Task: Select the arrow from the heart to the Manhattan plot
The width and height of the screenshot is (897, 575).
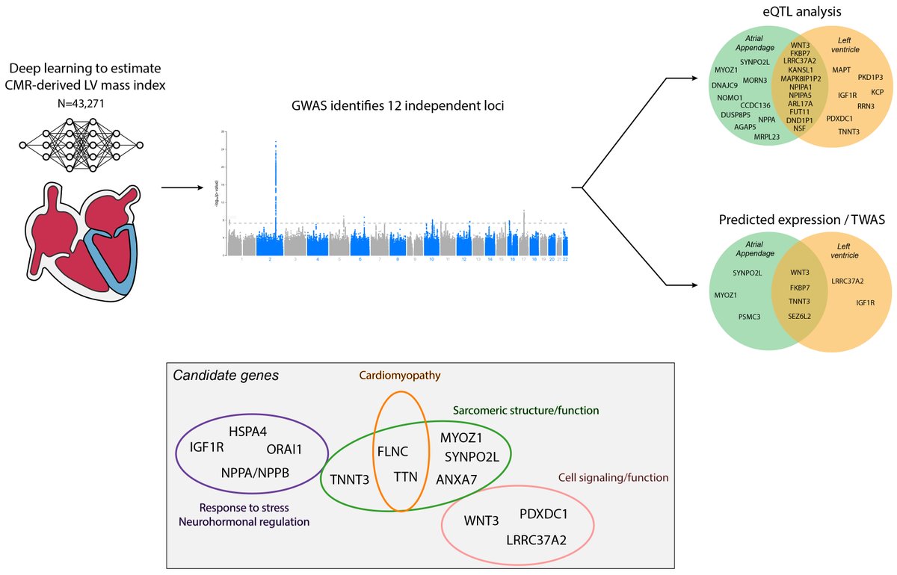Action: [182, 187]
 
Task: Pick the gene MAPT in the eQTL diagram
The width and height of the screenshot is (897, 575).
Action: [841, 69]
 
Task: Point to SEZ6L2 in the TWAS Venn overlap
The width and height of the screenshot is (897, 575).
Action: [799, 316]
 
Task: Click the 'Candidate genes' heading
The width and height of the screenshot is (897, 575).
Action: [226, 376]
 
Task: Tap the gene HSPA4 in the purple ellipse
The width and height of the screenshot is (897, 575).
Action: [247, 431]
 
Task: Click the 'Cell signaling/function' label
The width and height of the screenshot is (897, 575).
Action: [613, 477]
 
